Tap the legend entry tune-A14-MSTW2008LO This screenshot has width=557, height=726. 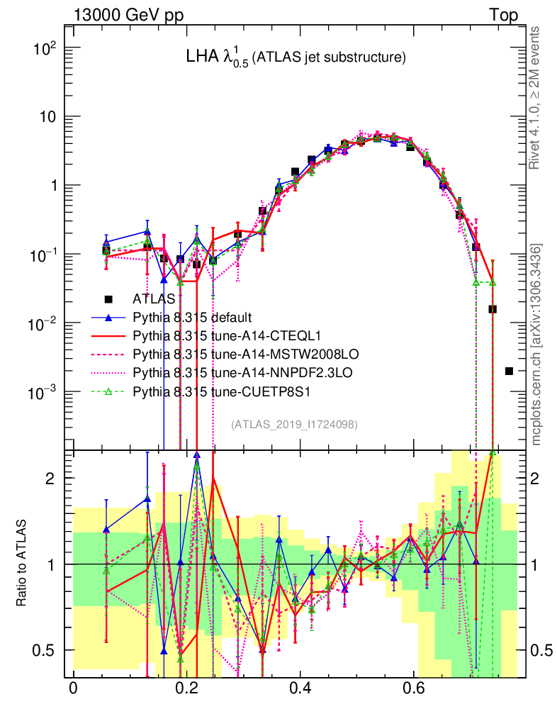[x=238, y=353]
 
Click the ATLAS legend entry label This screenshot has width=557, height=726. [x=154, y=299]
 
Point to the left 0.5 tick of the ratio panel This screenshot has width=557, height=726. [x=45, y=650]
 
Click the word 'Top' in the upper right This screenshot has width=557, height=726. [x=503, y=15]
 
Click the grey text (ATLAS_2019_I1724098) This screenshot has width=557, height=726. [x=294, y=424]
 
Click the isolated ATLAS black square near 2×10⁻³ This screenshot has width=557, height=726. [x=509, y=371]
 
